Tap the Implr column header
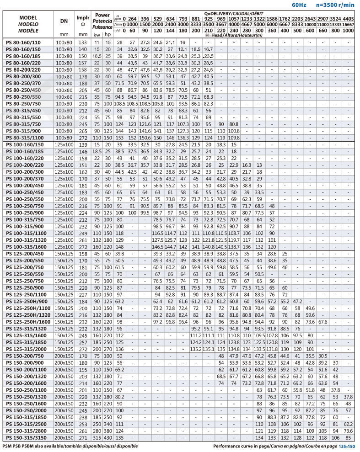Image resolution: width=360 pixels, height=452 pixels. coord(83,18)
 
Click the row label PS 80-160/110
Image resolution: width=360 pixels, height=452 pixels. coord(24,43)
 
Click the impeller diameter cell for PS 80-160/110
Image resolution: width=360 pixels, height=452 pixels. coord(83,43)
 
